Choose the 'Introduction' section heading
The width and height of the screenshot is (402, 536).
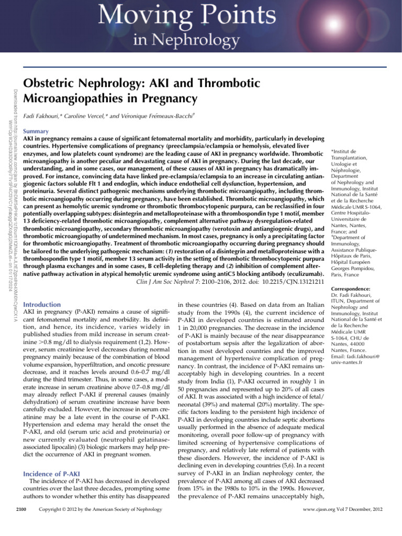click(42, 304)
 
